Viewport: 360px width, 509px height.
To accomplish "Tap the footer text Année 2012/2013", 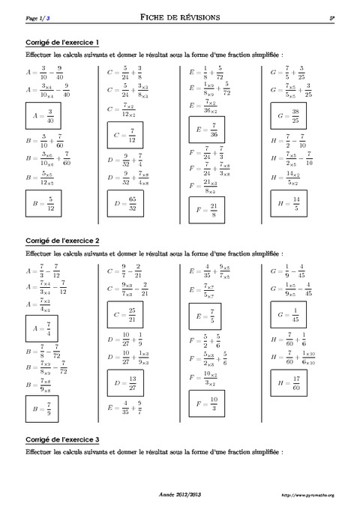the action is pyautogui.click(x=180, y=494).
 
